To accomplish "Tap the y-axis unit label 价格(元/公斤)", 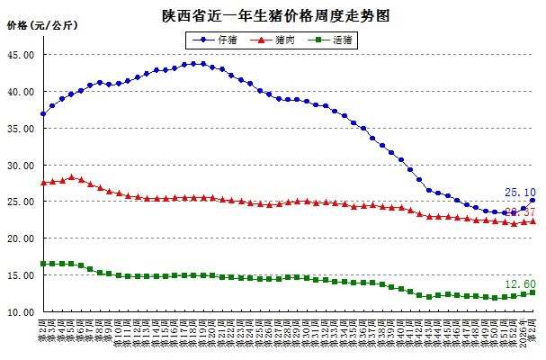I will click(x=42, y=25).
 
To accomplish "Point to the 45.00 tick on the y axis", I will click(x=21, y=55).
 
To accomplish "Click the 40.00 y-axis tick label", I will click(x=21, y=92).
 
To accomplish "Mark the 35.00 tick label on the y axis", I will click(x=21, y=129).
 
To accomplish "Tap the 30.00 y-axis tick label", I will click(x=21, y=166).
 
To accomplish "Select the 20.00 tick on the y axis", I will click(x=21, y=238).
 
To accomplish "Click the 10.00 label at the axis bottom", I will click(x=21, y=312).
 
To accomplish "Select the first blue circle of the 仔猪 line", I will click(x=43, y=114).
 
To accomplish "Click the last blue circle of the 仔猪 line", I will click(x=533, y=201).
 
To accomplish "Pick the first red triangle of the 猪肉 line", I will click(x=43, y=183).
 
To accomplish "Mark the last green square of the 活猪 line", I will click(x=533, y=292).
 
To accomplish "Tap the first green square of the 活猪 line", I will click(x=43, y=264).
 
